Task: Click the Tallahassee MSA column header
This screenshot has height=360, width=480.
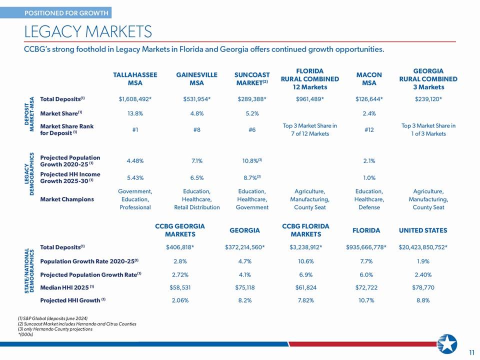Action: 135,78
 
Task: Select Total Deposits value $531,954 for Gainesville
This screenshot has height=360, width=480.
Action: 196,99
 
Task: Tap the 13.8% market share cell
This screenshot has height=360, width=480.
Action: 135,113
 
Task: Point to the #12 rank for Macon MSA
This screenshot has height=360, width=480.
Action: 369,130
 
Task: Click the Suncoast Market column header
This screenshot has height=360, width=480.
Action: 252,78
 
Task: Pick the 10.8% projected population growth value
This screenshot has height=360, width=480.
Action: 252,160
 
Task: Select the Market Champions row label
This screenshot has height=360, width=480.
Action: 67,199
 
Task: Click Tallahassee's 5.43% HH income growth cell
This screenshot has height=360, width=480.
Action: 135,177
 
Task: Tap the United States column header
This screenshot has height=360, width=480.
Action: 423,230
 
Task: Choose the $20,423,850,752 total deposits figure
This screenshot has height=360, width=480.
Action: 423,247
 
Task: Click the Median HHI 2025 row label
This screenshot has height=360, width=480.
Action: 66,287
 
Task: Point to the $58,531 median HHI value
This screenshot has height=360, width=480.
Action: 180,287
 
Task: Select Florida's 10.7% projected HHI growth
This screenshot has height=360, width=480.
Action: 366,300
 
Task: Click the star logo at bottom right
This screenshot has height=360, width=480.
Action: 447,344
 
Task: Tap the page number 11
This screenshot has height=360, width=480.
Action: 471,352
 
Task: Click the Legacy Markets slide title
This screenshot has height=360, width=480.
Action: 88,31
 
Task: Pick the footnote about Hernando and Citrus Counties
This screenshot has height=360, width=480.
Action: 77,324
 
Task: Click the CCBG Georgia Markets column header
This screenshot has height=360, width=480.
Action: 180,230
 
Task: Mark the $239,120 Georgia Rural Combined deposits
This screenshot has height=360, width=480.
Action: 428,99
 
